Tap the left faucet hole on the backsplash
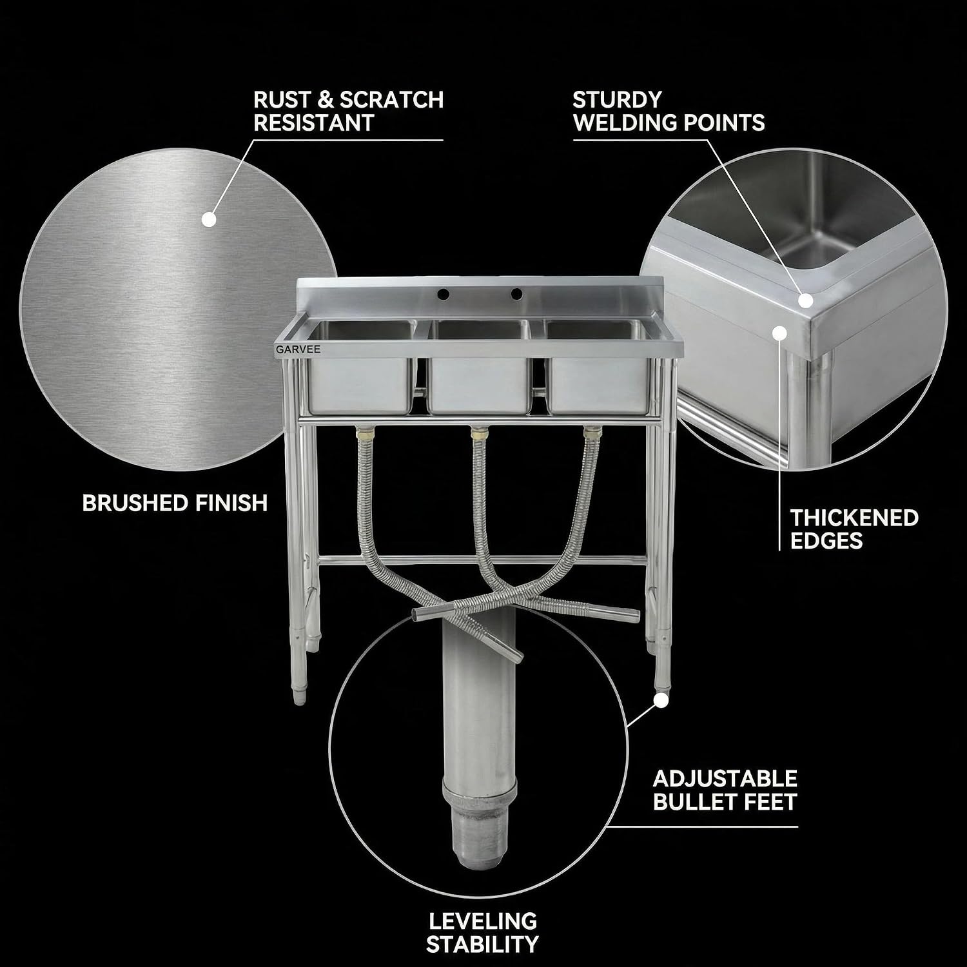point(444,294)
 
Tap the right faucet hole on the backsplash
point(516,294)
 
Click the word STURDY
point(618,100)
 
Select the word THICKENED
point(854,518)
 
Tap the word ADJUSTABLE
point(725,779)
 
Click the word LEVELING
point(482,921)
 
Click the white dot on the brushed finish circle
point(209,220)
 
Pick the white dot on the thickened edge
point(780,334)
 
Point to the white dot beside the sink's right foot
point(659,700)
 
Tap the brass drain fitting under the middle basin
point(478,433)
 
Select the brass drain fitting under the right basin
point(590,433)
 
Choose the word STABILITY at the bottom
point(482,944)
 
